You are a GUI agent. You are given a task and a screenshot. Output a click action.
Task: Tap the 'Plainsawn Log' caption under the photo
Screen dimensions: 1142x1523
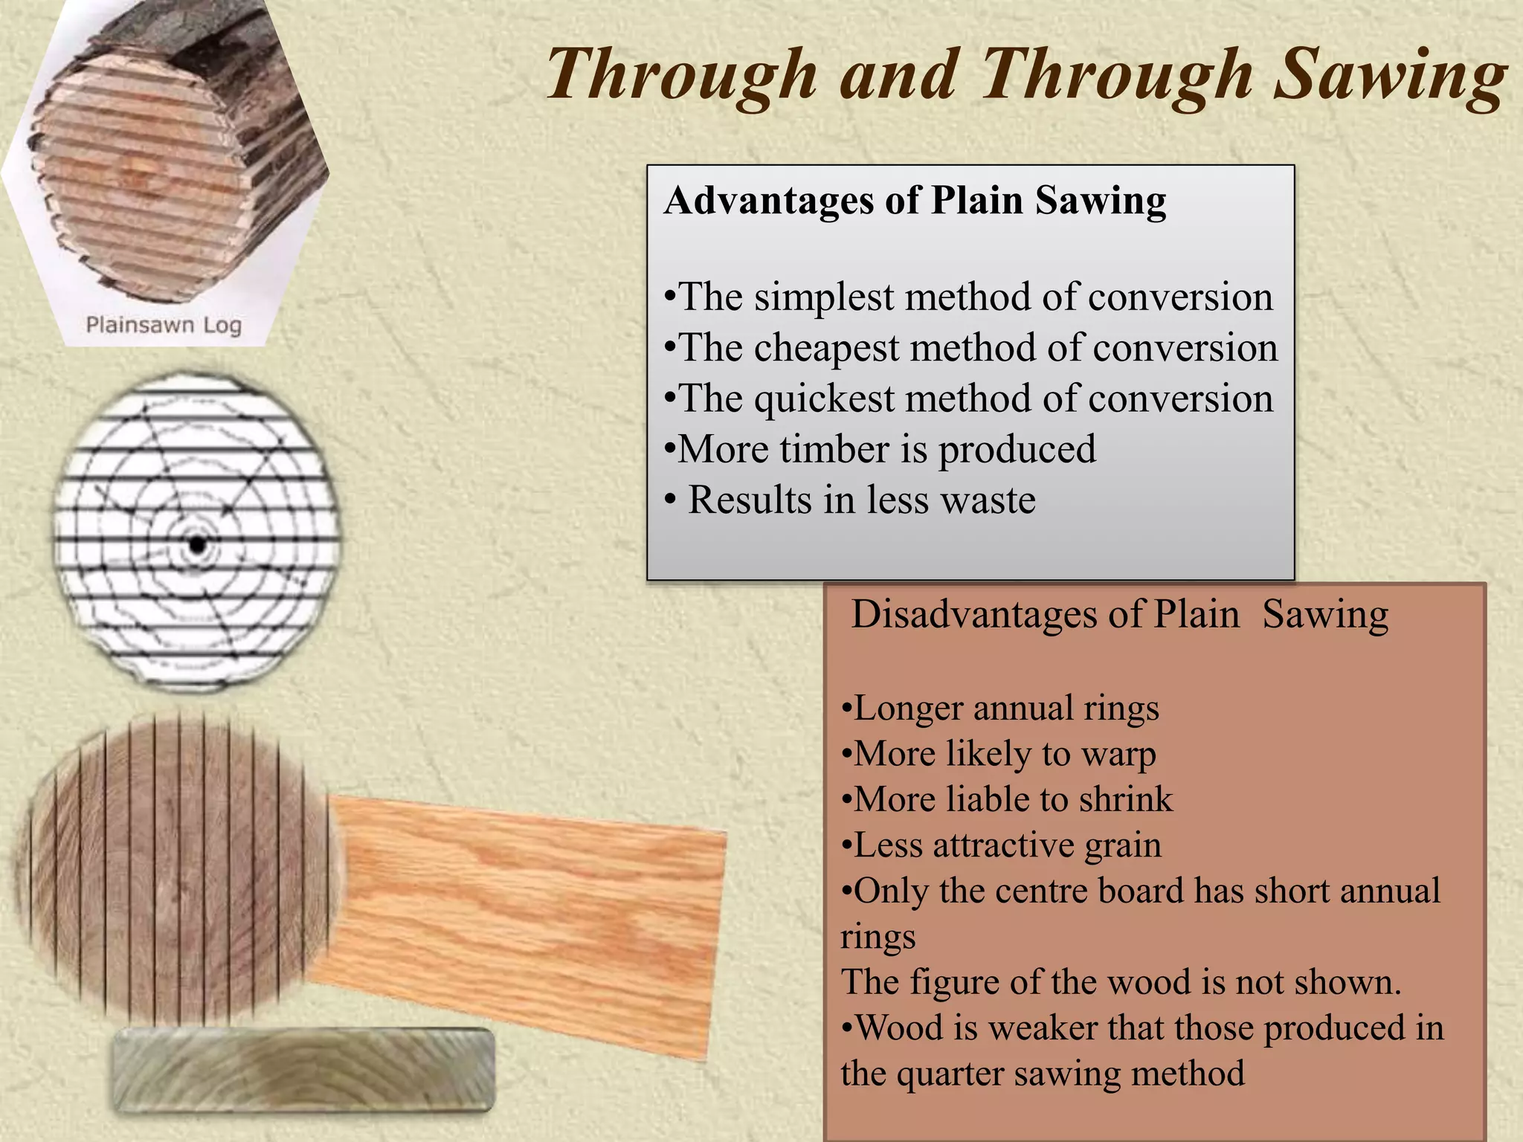click(164, 325)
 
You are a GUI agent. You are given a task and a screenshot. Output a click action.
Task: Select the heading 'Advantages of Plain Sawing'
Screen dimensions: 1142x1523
click(915, 201)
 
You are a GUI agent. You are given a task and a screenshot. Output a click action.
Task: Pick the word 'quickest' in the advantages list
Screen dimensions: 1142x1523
click(824, 399)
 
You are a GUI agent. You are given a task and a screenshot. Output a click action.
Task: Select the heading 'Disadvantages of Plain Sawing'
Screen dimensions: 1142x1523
click(1119, 615)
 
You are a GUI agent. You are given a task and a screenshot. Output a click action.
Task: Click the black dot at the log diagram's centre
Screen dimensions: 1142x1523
click(197, 545)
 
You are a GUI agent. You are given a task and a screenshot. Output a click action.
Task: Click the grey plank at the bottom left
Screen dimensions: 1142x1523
click(303, 1070)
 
